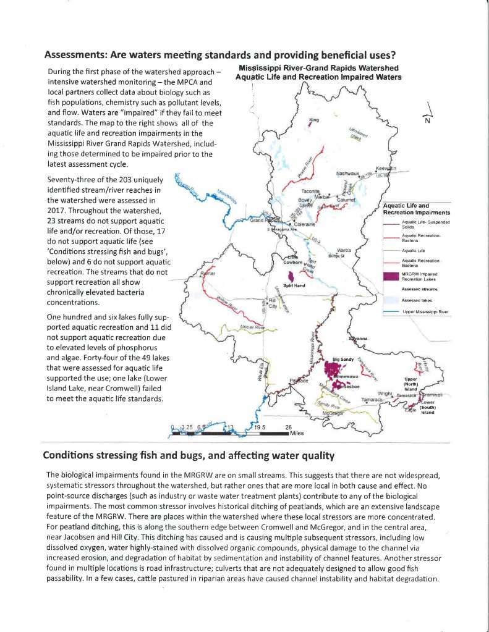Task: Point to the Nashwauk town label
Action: (x=348, y=174)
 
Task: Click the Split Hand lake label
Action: (x=292, y=285)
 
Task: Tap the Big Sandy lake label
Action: (x=344, y=359)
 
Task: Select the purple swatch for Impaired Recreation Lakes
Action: (x=390, y=276)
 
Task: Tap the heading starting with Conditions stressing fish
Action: (x=188, y=456)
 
